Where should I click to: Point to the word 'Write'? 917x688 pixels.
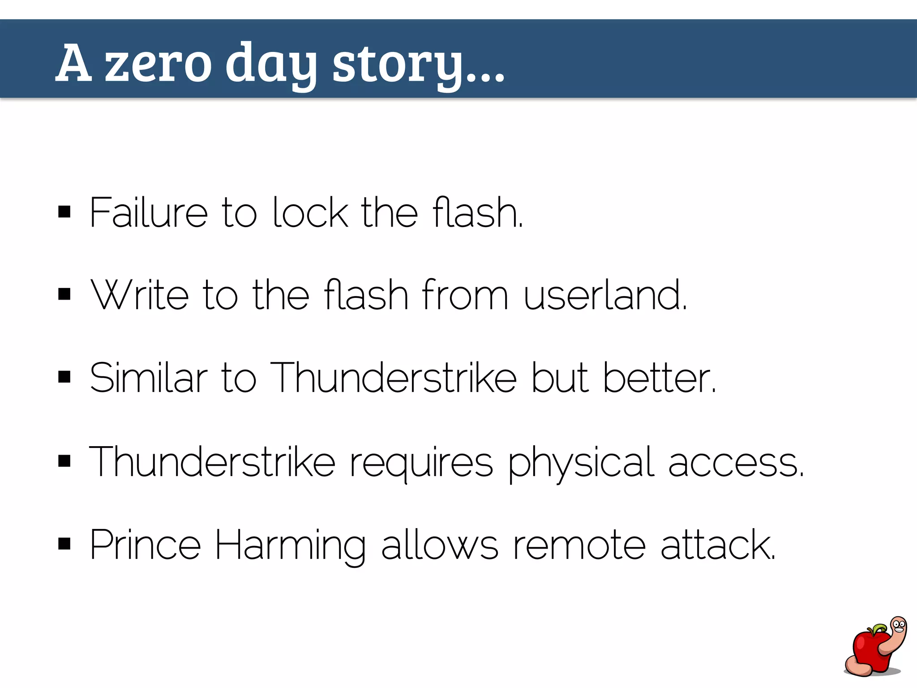139,295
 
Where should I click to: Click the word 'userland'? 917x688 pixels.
604,295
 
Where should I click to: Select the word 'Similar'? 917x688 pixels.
148,378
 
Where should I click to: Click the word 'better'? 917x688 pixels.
658,378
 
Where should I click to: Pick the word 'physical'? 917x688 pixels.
581,463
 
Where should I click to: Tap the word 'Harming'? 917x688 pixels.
290,546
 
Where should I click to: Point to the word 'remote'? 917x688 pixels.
579,546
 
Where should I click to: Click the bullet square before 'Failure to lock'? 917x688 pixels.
64,211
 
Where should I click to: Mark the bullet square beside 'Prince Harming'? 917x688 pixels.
64,544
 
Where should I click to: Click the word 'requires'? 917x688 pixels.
421,463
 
